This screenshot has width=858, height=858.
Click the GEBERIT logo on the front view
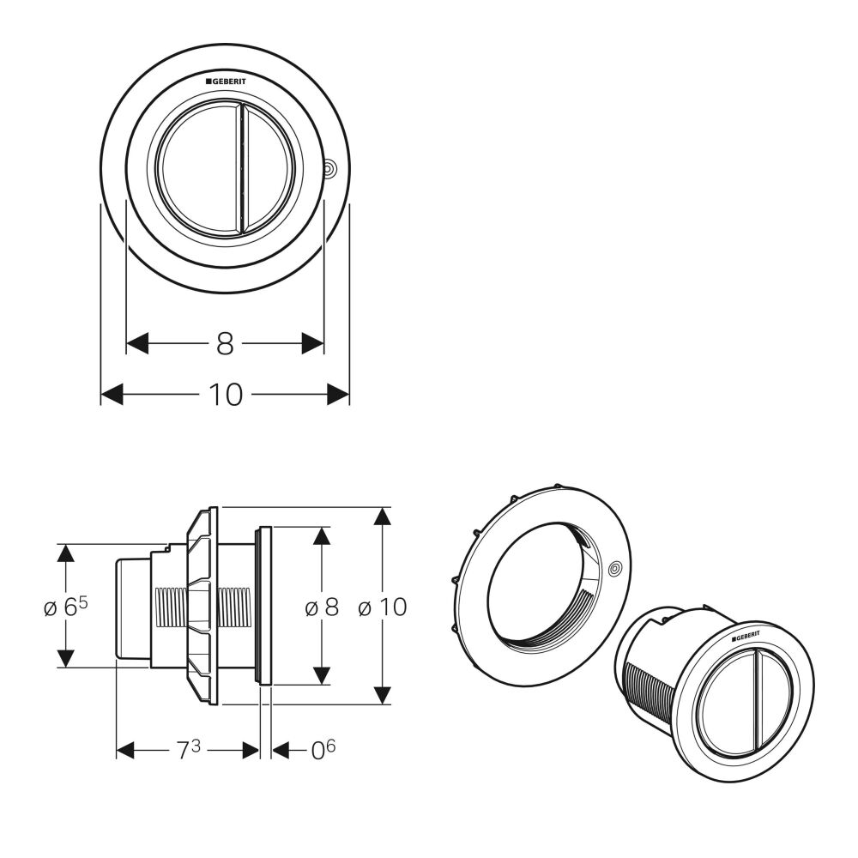(226, 82)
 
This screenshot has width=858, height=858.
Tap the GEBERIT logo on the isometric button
(745, 637)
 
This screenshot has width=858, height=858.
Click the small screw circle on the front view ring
(329, 170)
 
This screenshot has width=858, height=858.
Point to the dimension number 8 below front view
(225, 344)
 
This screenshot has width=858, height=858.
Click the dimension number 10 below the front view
(225, 395)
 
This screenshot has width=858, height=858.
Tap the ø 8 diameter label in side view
(322, 607)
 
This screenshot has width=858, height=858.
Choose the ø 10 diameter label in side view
(382, 607)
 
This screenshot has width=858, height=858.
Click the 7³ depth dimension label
(188, 750)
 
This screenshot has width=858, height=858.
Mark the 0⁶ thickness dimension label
(323, 750)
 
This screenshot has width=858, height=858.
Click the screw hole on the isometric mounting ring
(614, 569)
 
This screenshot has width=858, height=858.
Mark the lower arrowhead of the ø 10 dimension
(383, 694)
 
